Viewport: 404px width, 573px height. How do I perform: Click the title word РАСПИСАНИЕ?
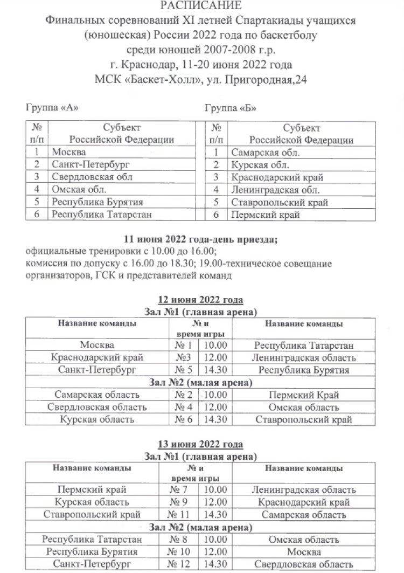(x=201, y=6)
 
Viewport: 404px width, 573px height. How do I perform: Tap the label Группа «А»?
(x=52, y=108)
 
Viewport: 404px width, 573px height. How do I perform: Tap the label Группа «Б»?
(x=230, y=108)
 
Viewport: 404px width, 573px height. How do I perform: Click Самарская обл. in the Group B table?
(x=265, y=153)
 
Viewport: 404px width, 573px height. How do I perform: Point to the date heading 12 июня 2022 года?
(x=200, y=300)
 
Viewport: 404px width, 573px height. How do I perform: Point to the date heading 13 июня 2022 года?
(x=200, y=444)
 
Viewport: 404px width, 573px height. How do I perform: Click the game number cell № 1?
(x=183, y=346)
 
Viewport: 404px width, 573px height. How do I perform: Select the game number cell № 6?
(x=183, y=419)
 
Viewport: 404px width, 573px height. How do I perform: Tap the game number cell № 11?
(x=182, y=515)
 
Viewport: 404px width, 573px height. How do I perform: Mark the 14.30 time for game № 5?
(x=215, y=370)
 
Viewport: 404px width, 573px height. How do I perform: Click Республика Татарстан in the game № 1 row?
(x=304, y=346)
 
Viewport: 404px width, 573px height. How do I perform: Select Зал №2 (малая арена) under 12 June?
(x=200, y=382)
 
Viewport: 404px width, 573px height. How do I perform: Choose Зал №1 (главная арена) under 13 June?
(x=200, y=456)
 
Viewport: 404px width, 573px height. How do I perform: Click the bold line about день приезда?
(x=201, y=240)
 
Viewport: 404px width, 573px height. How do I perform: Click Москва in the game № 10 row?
(x=304, y=552)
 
